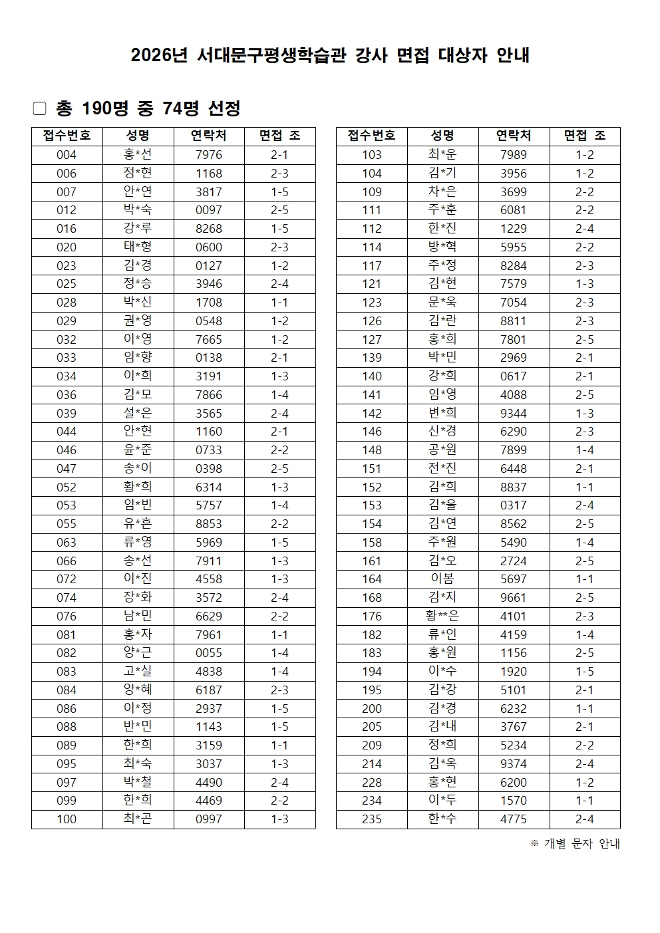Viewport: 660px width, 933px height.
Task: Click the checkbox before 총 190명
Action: [39, 108]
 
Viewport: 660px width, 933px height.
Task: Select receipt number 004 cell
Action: [67, 155]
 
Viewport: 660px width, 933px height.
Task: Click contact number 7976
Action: [209, 155]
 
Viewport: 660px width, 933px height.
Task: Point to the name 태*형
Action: [138, 247]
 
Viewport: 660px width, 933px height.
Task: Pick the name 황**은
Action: [442, 616]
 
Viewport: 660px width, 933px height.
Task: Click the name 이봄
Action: [442, 579]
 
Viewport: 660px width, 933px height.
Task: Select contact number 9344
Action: [514, 413]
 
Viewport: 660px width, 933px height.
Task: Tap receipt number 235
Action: [372, 819]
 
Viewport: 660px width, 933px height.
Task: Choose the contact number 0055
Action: [209, 653]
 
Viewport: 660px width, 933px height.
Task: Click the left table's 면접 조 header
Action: [279, 136]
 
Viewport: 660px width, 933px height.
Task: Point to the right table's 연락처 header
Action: [514, 136]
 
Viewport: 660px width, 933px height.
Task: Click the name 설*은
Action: [138, 413]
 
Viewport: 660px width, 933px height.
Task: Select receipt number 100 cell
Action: [67, 819]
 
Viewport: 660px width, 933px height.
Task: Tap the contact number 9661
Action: [514, 598]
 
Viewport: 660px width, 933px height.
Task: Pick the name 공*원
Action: [442, 450]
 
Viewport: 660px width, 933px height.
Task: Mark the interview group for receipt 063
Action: [279, 543]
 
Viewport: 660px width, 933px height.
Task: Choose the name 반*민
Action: [138, 727]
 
